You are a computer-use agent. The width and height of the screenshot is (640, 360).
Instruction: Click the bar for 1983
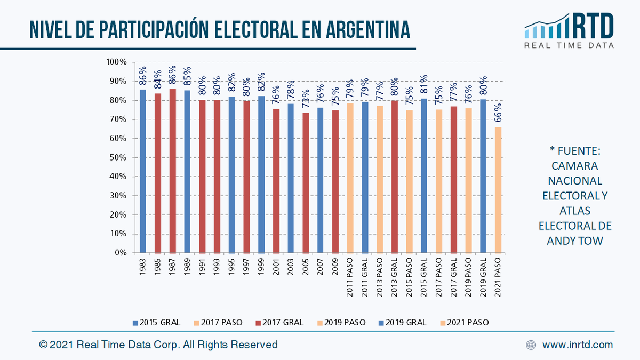pyautogui.click(x=143, y=171)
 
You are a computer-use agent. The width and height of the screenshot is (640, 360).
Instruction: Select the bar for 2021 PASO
pyautogui.click(x=498, y=190)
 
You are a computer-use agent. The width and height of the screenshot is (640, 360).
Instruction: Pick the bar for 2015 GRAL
pyautogui.click(x=424, y=176)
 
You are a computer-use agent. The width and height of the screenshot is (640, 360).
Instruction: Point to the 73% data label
pyautogui.click(x=306, y=100)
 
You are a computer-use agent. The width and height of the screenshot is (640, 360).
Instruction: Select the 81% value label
pyautogui.click(x=424, y=86)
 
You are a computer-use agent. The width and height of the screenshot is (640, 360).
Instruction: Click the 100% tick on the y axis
pyautogui.click(x=116, y=62)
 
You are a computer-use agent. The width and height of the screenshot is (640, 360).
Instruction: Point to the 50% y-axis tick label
pyautogui.click(x=117, y=158)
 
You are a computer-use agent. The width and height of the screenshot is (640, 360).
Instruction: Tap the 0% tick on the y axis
pyautogui.click(x=119, y=253)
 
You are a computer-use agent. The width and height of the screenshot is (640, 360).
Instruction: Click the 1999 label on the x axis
pyautogui.click(x=261, y=266)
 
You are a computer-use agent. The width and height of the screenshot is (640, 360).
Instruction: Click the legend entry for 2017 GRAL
pyautogui.click(x=279, y=323)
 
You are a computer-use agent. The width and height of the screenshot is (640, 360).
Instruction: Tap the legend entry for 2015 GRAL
pyautogui.click(x=157, y=323)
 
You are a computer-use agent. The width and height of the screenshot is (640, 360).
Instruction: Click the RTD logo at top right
pyautogui.click(x=569, y=30)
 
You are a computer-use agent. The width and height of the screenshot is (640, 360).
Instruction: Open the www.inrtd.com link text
pyautogui.click(x=578, y=345)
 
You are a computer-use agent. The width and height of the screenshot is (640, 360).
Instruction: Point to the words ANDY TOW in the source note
pyautogui.click(x=574, y=241)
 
